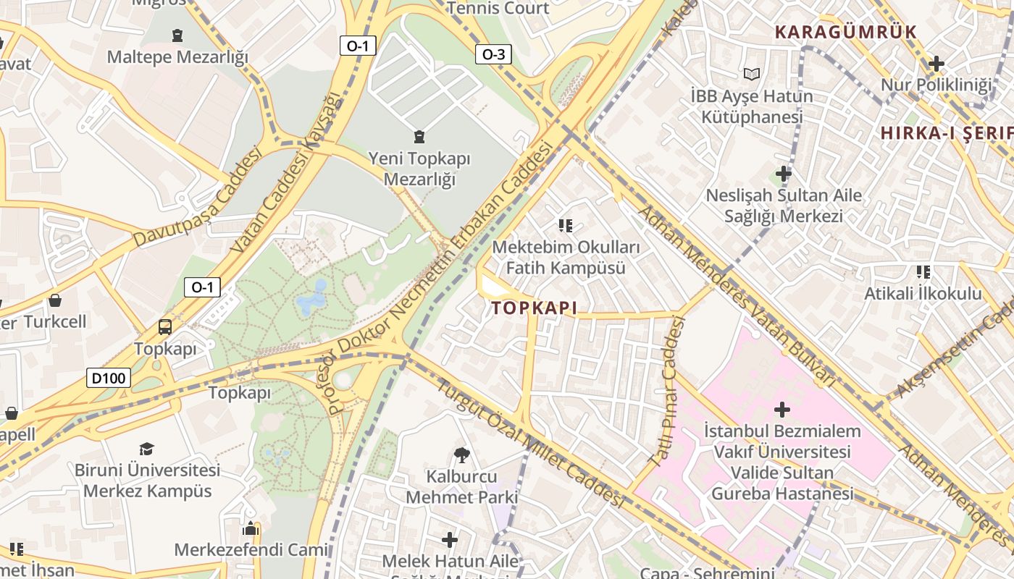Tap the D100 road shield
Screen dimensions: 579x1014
109,377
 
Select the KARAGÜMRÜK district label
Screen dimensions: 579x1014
845,32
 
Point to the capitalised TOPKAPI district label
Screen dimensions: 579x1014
535,308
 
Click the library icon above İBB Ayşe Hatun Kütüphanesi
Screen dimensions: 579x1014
752,74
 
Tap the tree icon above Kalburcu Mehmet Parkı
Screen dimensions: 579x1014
461,455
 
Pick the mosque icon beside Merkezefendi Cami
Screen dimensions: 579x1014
251,528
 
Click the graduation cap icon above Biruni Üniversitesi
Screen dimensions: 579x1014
147,449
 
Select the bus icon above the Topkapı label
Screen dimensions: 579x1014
165,327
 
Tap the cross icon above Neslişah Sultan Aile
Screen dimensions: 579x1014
783,174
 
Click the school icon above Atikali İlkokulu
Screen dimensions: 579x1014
923,272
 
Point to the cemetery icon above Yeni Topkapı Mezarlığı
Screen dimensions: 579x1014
419,136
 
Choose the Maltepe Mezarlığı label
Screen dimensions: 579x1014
177,56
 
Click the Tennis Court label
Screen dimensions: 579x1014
498,9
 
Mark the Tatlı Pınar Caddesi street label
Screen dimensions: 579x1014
667,391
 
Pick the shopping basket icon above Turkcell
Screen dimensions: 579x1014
55,300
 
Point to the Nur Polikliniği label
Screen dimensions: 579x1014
936,85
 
